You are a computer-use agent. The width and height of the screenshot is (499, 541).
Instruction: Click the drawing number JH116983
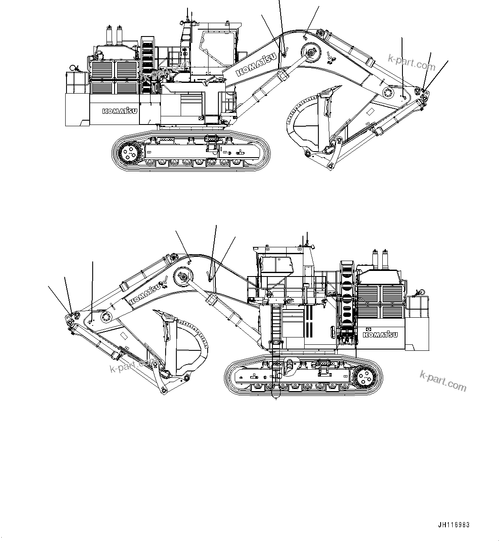click(454, 525)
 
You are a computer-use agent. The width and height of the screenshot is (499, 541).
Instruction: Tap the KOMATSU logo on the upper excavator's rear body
click(120, 111)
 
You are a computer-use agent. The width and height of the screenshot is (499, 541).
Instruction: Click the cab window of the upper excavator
click(218, 46)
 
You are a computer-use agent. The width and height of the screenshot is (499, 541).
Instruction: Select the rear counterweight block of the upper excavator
click(77, 109)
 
